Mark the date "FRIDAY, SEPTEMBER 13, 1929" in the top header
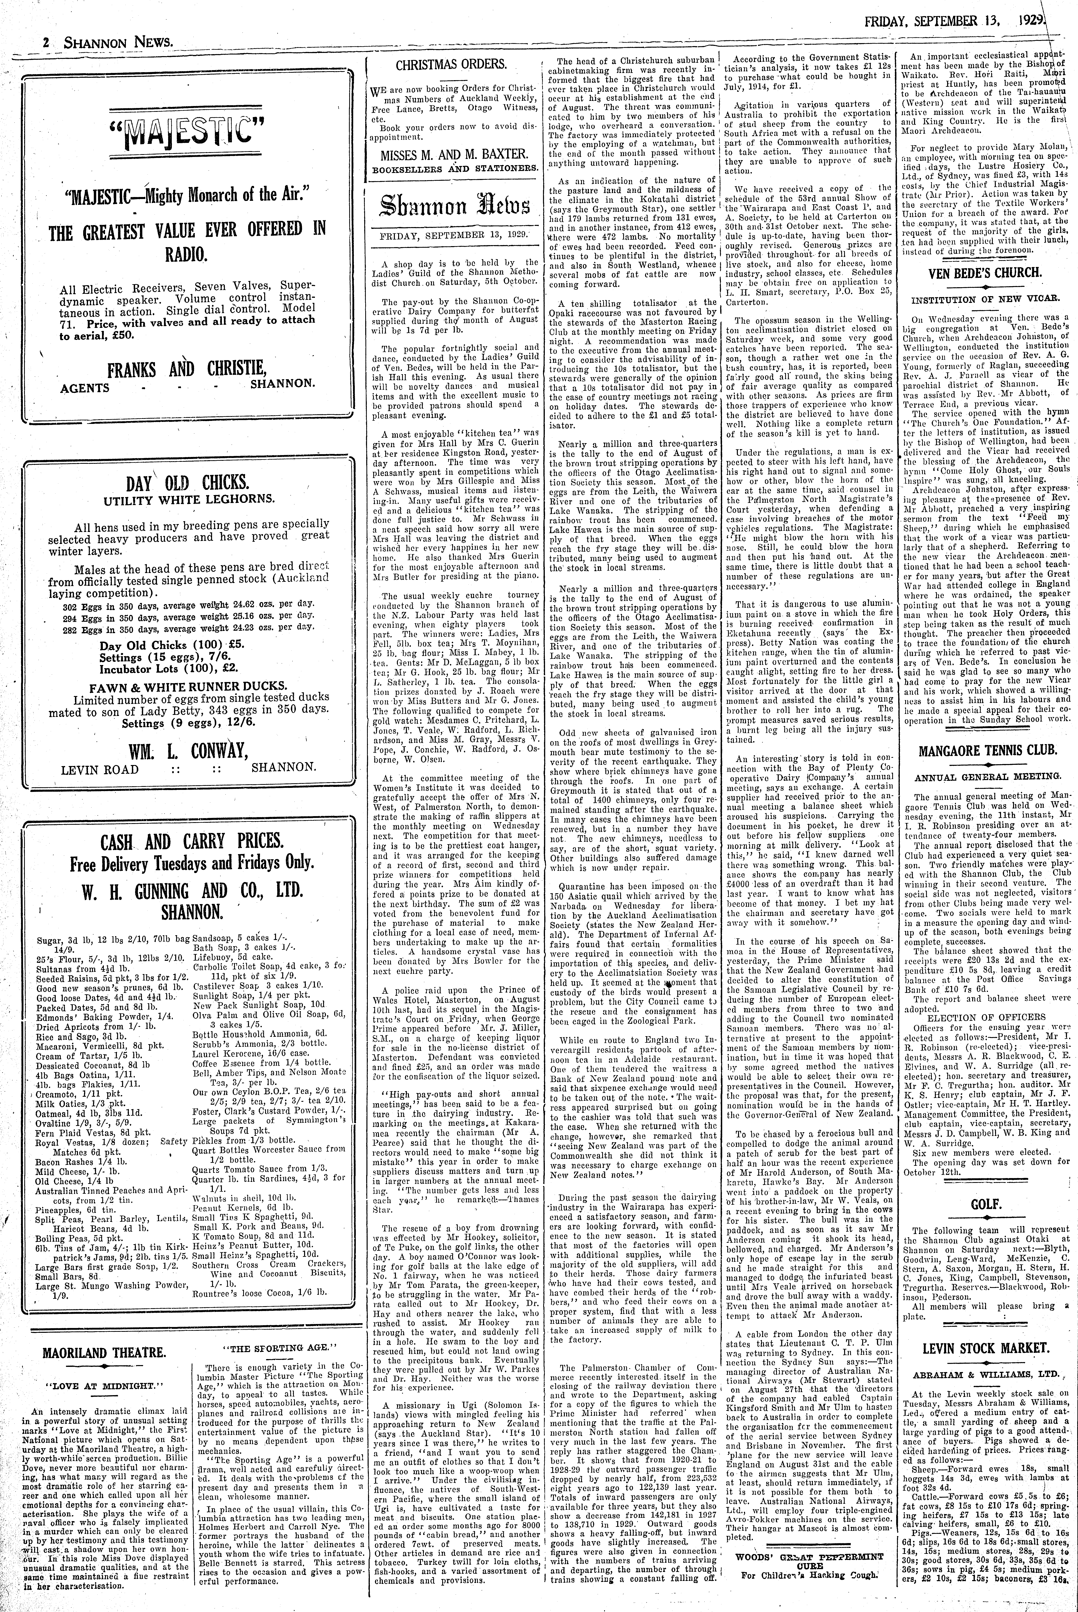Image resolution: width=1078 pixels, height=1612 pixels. pos(956,12)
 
